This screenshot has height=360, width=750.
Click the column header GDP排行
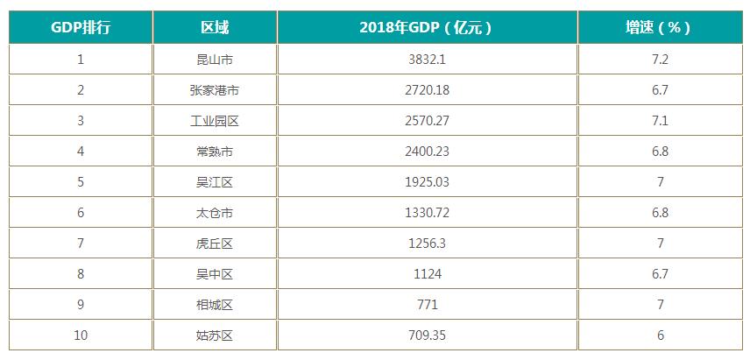[81, 27]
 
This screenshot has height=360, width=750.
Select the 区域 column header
[215, 27]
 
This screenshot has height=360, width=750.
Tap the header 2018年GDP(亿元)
[427, 27]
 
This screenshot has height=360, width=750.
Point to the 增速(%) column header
[660, 27]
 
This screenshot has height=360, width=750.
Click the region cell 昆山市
[215, 60]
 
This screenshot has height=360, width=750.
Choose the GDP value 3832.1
[427, 60]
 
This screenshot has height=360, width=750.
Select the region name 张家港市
[215, 90]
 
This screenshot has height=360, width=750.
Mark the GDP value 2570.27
[427, 121]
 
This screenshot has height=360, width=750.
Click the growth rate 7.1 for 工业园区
[660, 121]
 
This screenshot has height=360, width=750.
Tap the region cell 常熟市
[215, 152]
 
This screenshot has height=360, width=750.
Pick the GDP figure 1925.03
[427, 182]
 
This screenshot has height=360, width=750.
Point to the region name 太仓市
[215, 213]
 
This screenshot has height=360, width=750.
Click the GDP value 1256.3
[427, 244]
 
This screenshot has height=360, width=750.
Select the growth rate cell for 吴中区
[660, 274]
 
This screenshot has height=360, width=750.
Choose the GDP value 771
[427, 305]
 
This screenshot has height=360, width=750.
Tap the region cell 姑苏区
[215, 335]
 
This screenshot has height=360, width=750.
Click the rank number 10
[81, 335]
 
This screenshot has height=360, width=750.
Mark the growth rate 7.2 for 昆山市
[660, 60]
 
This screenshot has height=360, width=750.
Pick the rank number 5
[81, 182]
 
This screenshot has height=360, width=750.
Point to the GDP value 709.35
[427, 335]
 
